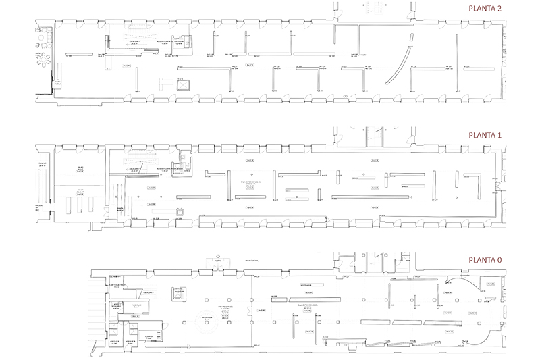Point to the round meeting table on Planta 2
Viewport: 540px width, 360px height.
[45, 59]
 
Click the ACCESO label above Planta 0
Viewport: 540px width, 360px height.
[218, 259]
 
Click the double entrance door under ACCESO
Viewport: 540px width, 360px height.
[218, 270]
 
